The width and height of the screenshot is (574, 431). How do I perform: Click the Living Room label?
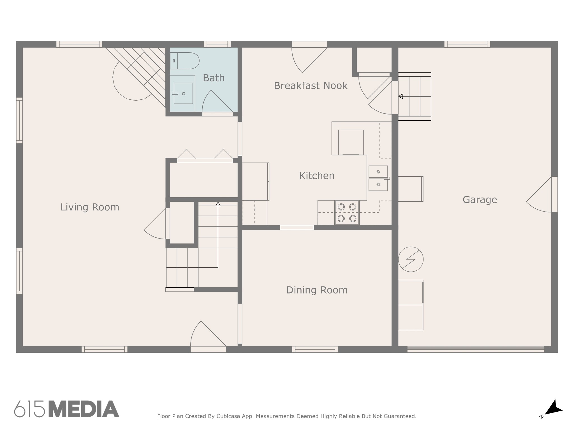pyautogui.click(x=90, y=207)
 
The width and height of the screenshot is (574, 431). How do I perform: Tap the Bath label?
pyautogui.click(x=214, y=78)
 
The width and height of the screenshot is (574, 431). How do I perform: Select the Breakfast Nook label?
pyautogui.click(x=311, y=86)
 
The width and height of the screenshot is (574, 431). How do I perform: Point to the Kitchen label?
pyautogui.click(x=317, y=176)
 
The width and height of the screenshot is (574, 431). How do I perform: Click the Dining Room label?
pyautogui.click(x=317, y=290)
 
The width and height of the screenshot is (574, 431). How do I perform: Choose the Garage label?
pyautogui.click(x=480, y=200)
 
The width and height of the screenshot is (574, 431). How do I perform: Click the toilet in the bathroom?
pyautogui.click(x=185, y=61)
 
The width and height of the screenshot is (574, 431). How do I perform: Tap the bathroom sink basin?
pyautogui.click(x=183, y=93)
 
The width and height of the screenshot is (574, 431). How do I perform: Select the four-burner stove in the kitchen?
pyautogui.click(x=347, y=213)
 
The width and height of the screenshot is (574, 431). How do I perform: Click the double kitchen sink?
pyautogui.click(x=378, y=178)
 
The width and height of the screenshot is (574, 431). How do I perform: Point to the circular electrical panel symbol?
pyautogui.click(x=411, y=259)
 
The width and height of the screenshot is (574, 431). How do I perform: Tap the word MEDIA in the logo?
pyautogui.click(x=84, y=409)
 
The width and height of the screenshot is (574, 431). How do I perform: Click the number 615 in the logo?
pyautogui.click(x=30, y=409)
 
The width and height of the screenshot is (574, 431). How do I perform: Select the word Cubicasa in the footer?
pyautogui.click(x=228, y=416)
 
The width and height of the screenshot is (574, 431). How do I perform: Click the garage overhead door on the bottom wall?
pyautogui.click(x=476, y=349)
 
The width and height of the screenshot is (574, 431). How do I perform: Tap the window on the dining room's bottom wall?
pyautogui.click(x=315, y=349)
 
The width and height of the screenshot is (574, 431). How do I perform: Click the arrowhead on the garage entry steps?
pyautogui.click(x=401, y=97)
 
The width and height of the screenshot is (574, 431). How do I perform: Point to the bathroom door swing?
pyautogui.click(x=217, y=101)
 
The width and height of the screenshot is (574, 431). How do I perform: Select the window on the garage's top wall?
pyautogui.click(x=467, y=44)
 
